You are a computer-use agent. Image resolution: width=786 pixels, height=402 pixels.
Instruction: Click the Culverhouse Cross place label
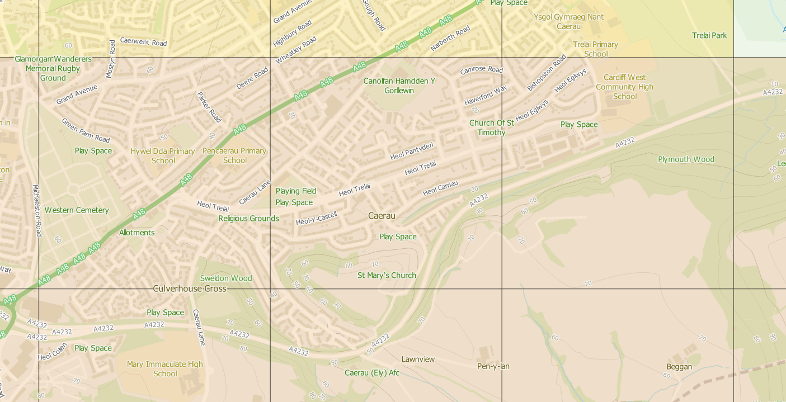point(190,289)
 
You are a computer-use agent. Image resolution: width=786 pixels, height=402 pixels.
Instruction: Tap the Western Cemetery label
point(77,210)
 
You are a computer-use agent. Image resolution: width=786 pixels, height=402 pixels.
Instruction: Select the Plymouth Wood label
point(686,159)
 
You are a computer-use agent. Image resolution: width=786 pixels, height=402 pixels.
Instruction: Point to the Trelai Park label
point(709,35)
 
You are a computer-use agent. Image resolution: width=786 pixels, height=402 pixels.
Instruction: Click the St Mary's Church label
point(387,275)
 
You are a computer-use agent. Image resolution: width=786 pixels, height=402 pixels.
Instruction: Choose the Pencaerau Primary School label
point(234,155)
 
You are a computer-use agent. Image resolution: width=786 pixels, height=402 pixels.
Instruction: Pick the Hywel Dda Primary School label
point(163,155)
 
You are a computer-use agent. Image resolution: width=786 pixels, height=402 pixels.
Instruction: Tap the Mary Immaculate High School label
point(165,368)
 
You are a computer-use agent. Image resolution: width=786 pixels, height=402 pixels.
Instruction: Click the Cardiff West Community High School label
point(624,87)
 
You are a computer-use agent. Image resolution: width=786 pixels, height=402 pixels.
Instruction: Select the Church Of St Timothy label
point(491,127)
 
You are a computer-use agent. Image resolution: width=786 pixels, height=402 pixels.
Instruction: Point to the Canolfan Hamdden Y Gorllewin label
point(399,86)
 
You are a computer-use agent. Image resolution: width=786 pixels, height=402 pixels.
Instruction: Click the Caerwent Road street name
point(143,42)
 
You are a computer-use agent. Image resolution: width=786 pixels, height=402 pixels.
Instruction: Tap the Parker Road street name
point(209,107)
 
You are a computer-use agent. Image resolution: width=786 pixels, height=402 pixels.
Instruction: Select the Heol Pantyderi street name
point(412,151)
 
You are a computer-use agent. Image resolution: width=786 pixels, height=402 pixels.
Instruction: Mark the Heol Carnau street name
point(440,188)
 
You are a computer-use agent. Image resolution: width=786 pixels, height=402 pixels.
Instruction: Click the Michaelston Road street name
point(36,210)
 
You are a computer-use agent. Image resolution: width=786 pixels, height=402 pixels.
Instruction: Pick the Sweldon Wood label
point(226,278)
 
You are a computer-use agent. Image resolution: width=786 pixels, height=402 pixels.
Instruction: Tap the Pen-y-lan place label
point(493,366)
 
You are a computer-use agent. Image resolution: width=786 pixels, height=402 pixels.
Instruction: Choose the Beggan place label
point(679,367)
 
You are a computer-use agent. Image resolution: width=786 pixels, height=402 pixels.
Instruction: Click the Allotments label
point(137,233)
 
